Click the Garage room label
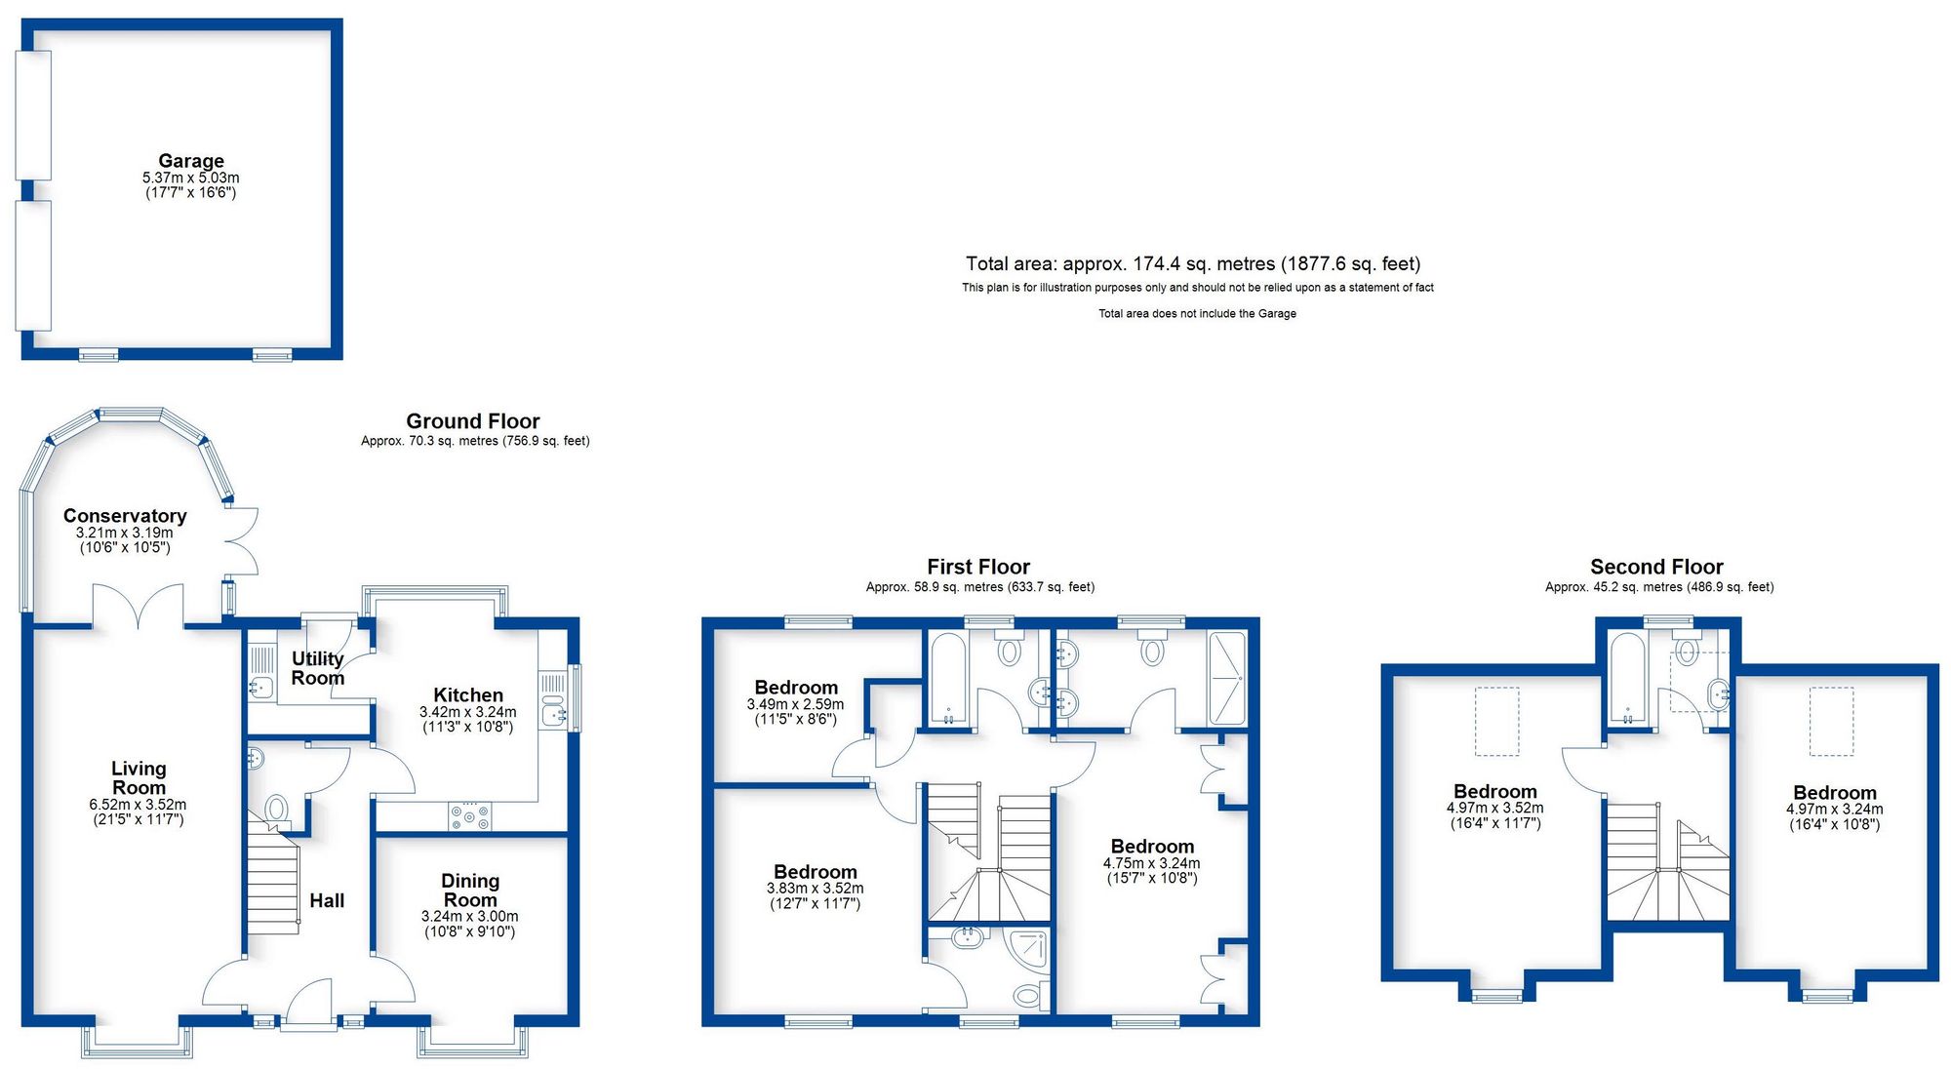(191, 161)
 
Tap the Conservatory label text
(125, 516)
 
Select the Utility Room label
(318, 668)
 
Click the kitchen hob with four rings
(470, 815)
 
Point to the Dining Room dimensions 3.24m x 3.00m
(470, 917)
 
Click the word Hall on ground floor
(327, 900)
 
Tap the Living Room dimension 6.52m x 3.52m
(138, 805)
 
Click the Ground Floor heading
(473, 421)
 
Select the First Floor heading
(978, 567)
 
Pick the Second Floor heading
(1656, 567)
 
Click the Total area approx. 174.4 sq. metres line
(1192, 263)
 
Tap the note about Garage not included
(1197, 314)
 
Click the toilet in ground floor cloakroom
(277, 809)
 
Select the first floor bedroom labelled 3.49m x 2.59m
(796, 688)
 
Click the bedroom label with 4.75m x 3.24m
(1152, 847)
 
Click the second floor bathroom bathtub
(1627, 677)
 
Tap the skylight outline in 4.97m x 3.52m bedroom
(1496, 722)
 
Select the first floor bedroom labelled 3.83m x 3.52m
(816, 872)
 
